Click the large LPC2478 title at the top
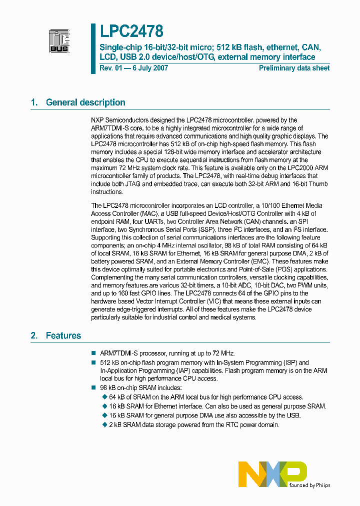click(131, 31)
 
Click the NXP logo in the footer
click(272, 473)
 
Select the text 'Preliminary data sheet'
click(294, 68)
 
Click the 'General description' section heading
click(85, 102)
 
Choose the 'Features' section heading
click(63, 335)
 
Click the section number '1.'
click(34, 102)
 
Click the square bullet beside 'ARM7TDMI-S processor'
click(93, 353)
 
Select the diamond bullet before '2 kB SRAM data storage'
click(104, 425)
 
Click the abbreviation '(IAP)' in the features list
click(179, 370)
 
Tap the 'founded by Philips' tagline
click(309, 485)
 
